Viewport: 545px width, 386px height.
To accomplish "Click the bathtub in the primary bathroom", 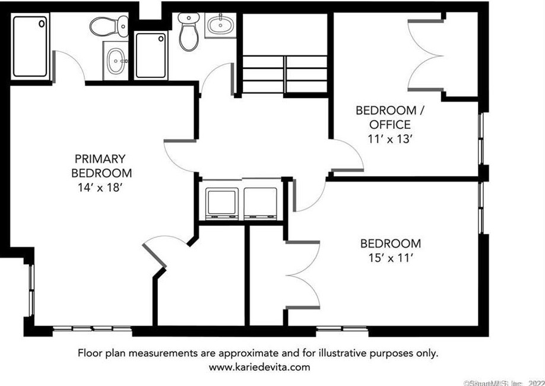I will pos(30,46).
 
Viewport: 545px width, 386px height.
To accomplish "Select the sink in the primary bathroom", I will pos(115,60).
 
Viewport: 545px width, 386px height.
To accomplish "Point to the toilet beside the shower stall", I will pos(189,33).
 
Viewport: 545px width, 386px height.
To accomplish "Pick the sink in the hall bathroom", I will pos(220,25).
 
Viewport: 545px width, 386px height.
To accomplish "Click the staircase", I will pos(285,74).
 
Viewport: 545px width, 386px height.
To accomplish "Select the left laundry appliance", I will pos(221,203).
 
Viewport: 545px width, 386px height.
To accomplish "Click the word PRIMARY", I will pos(100,159).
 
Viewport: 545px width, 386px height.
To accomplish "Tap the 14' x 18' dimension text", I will pos(100,188).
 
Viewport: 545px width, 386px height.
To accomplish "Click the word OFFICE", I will pos(389,125).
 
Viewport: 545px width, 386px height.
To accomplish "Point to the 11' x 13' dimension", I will pos(390,140).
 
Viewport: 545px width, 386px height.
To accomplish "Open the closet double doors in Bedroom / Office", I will pos(425,56).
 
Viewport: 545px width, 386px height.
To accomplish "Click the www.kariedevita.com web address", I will pos(259,367).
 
